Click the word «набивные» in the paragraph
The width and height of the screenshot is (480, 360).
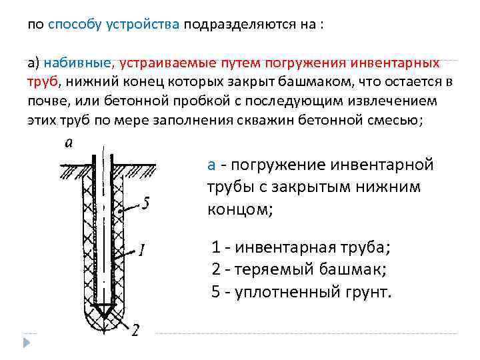[78, 63]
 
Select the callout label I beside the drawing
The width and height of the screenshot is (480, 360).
[141, 251]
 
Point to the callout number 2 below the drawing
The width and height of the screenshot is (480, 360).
[135, 331]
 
